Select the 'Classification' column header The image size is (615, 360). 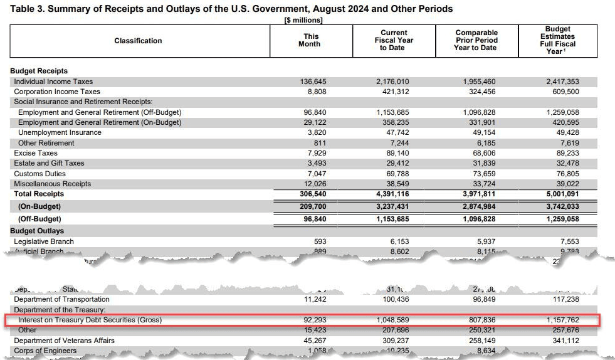tap(138, 41)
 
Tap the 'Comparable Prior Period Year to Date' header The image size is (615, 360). tap(476, 41)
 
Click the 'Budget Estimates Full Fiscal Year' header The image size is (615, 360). tap(557, 40)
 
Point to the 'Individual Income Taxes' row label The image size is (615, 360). tap(53, 82)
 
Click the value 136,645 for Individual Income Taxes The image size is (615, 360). tap(314, 82)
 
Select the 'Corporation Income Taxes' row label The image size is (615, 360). tap(57, 92)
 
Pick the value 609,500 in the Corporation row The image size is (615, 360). tap(565, 92)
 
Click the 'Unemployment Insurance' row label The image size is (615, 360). tap(60, 132)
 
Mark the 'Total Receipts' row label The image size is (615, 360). tap(39, 194)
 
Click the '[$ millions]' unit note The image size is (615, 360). tap(304, 20)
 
